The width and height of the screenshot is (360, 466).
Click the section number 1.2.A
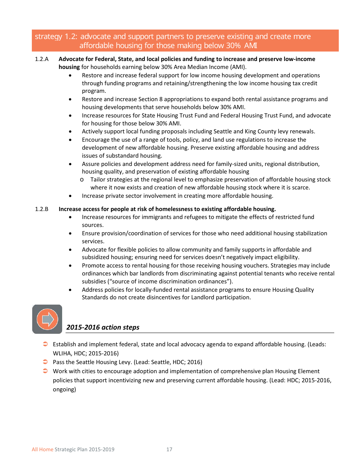(41, 59)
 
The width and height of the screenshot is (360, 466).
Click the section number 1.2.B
(41, 209)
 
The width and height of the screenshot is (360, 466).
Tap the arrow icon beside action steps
(47, 319)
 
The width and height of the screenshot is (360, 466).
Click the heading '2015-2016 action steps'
(103, 327)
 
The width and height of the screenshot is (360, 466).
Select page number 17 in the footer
(169, 450)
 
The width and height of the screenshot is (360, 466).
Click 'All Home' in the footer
(42, 450)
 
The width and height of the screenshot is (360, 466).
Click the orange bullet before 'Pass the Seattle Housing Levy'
(45, 362)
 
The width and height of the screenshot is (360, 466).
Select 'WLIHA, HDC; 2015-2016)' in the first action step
(86, 353)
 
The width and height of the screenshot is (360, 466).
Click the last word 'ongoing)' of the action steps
(64, 389)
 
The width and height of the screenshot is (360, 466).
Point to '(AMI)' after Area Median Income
(237, 67)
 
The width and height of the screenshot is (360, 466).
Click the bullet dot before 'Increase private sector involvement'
(71, 196)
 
